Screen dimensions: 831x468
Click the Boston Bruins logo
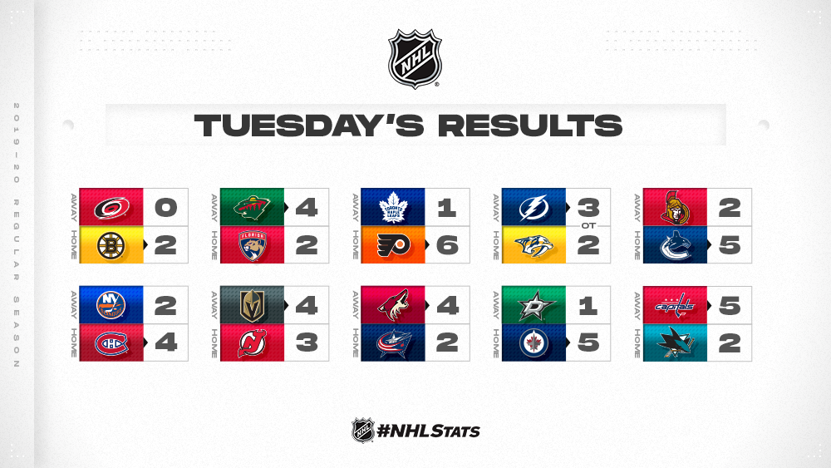111,245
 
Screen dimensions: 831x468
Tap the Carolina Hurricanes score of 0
166,207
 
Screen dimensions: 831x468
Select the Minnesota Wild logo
252,207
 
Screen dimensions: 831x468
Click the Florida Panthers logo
253,245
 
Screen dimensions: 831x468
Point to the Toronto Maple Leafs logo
393,207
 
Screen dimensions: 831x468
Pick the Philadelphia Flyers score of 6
447,245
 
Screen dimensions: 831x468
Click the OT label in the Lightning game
589,226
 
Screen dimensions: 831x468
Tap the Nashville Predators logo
534,245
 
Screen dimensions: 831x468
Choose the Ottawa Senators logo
675,207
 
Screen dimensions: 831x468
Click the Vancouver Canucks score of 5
730,245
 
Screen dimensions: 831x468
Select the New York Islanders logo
111,305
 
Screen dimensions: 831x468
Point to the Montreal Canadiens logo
111,343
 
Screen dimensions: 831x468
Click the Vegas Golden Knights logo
253,305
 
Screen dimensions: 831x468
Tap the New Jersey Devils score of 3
307,343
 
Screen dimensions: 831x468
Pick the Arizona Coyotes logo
393,305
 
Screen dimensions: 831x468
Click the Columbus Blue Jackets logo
393,343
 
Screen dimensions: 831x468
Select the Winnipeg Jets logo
534,343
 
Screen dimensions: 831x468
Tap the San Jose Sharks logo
675,343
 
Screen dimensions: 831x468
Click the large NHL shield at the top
415,59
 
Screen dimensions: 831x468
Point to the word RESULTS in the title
530,126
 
